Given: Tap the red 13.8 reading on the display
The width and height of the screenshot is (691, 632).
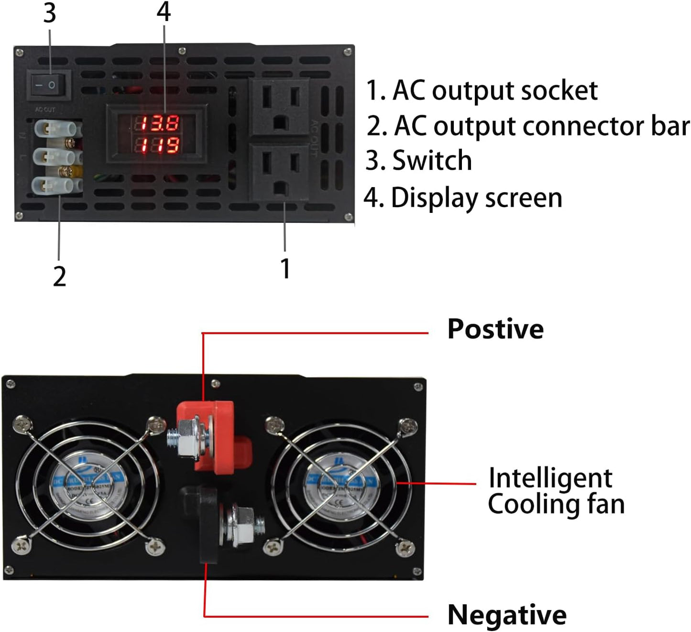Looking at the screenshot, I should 160,123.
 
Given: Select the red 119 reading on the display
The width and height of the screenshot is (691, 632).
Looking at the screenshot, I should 160,145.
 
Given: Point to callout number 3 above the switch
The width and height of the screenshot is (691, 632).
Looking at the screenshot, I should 50,13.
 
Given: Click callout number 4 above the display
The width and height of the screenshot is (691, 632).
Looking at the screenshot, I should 164,12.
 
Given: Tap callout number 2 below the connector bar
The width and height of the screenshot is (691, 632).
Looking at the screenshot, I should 59,277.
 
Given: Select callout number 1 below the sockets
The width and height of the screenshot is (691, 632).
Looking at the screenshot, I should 285,268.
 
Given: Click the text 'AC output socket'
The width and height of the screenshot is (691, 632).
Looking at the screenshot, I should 494,90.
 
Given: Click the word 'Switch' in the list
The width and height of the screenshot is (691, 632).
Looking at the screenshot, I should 432,160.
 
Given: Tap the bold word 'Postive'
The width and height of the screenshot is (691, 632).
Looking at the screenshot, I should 495,329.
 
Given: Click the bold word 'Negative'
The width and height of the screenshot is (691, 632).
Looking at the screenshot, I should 507,615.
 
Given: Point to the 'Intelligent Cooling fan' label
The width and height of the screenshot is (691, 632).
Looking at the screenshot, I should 556,491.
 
